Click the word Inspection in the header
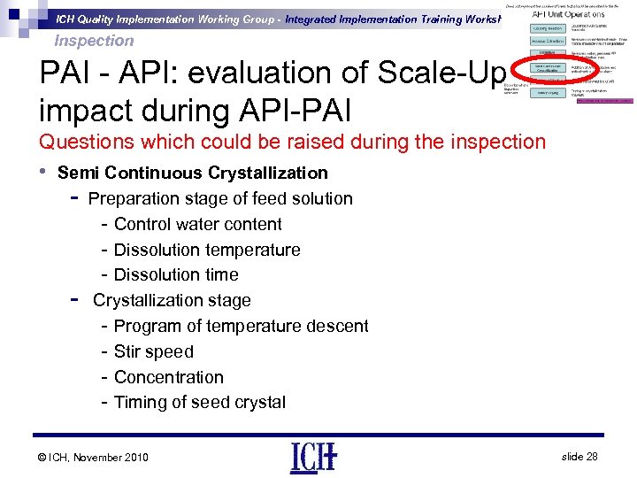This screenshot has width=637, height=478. click(x=94, y=41)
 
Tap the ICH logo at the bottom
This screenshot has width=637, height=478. click(x=313, y=457)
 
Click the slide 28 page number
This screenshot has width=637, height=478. click(x=579, y=456)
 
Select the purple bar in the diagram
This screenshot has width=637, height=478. click(x=603, y=101)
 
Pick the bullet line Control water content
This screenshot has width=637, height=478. click(x=197, y=225)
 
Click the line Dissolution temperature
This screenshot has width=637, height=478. click(x=207, y=251)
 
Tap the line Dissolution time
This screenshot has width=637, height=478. click(x=176, y=275)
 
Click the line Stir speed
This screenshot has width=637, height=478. click(x=153, y=352)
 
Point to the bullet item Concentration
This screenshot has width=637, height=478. click(x=168, y=377)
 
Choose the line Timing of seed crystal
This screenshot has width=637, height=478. click(x=199, y=403)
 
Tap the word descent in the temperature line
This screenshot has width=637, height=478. click(x=337, y=327)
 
